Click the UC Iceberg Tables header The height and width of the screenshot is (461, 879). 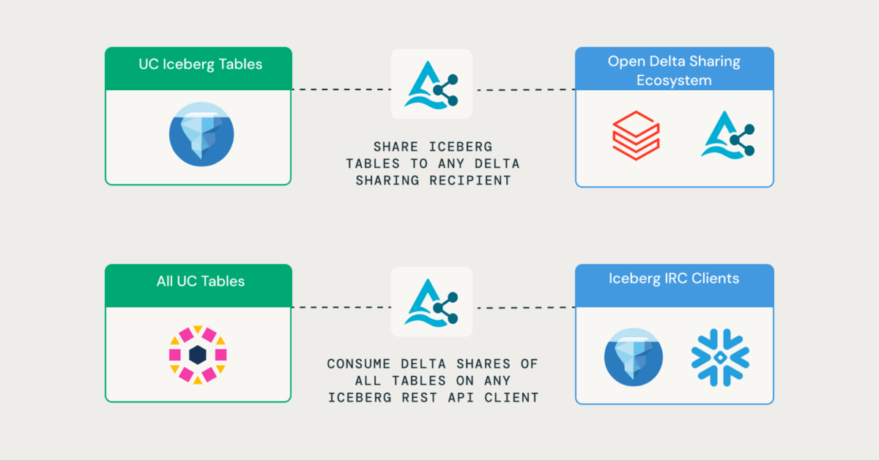pyautogui.click(x=199, y=64)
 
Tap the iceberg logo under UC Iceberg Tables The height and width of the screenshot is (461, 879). pyautogui.click(x=201, y=134)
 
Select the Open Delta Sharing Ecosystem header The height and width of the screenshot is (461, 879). pyautogui.click(x=674, y=70)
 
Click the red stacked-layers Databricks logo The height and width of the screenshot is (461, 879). pyautogui.click(x=635, y=135)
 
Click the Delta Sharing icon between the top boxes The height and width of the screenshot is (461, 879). pyautogui.click(x=431, y=84)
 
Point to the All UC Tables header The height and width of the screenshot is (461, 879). pyautogui.click(x=199, y=281)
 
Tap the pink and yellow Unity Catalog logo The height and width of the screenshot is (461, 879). pyautogui.click(x=198, y=355)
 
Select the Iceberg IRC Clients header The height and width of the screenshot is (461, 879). pyautogui.click(x=674, y=279)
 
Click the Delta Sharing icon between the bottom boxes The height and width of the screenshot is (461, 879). pyautogui.click(x=431, y=301)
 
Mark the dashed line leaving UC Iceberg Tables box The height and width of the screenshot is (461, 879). pyautogui.click(x=341, y=90)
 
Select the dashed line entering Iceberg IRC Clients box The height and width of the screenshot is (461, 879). pyautogui.click(x=524, y=307)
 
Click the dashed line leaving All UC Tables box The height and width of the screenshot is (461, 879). pyautogui.click(x=341, y=307)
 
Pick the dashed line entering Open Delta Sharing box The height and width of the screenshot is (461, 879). pyautogui.click(x=524, y=90)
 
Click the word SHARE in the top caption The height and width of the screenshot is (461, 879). pyautogui.click(x=396, y=147)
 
